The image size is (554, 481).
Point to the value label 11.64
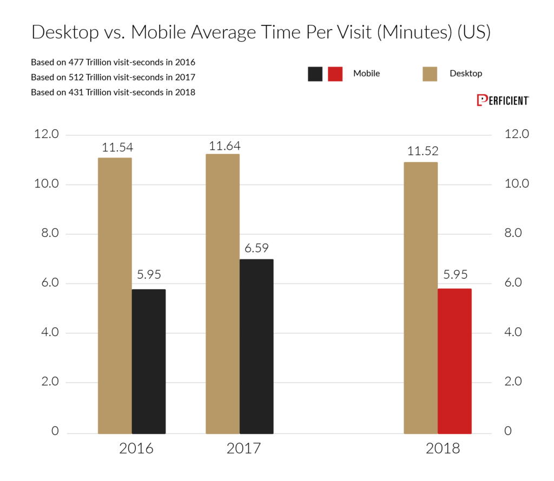pos(226,146)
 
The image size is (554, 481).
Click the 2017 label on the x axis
pos(244,449)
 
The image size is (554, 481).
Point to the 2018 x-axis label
pos(442,449)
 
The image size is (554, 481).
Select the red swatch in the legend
pos(335,74)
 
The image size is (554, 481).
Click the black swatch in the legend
pos(315,74)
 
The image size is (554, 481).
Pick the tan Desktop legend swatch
pos(430,74)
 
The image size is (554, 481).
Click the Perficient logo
pos(503,101)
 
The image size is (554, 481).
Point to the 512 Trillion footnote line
pos(113,77)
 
